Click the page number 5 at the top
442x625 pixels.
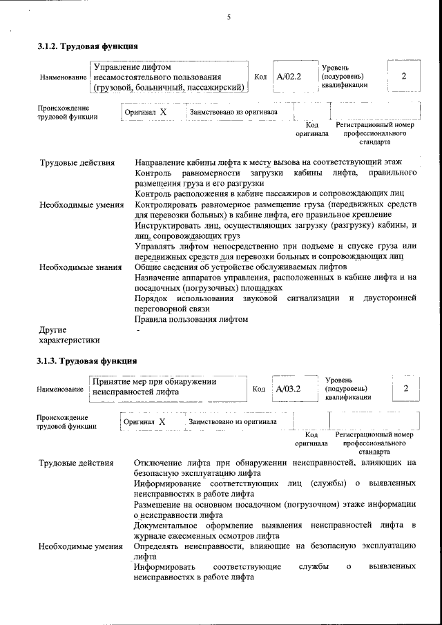228,19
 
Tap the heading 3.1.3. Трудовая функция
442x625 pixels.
87,360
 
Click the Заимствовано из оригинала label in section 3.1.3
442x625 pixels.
233,421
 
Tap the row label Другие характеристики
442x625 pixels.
69,334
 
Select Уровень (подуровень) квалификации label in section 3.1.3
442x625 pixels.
348,388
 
